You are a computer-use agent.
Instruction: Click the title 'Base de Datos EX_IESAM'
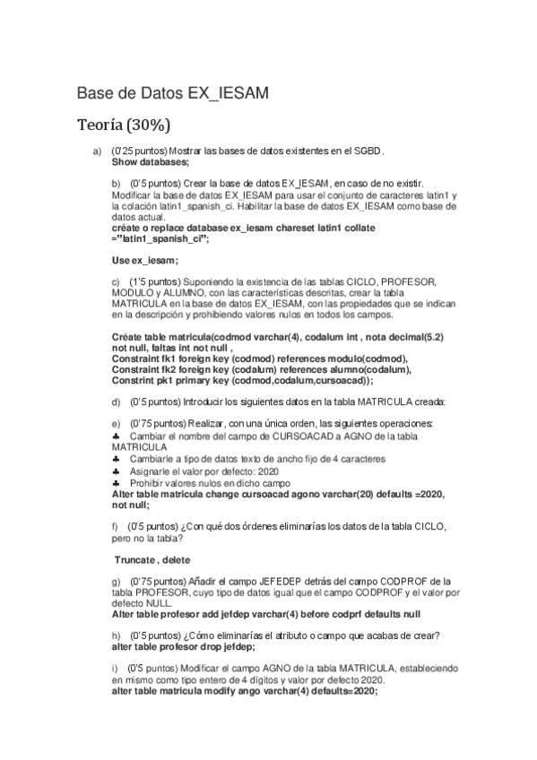click(173, 92)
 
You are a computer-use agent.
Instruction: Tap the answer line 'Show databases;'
click(151, 162)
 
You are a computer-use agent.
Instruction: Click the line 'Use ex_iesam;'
click(145, 260)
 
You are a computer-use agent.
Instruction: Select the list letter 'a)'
click(98, 151)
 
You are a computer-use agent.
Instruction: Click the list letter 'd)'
click(117, 401)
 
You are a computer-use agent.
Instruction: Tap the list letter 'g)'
click(117, 582)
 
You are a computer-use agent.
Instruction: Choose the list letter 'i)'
click(115, 669)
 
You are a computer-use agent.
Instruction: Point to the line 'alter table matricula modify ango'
click(245, 691)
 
